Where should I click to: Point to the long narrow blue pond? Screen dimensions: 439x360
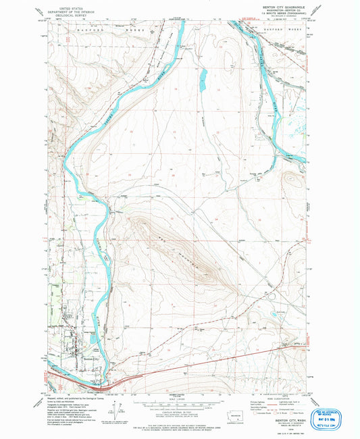(203, 81)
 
